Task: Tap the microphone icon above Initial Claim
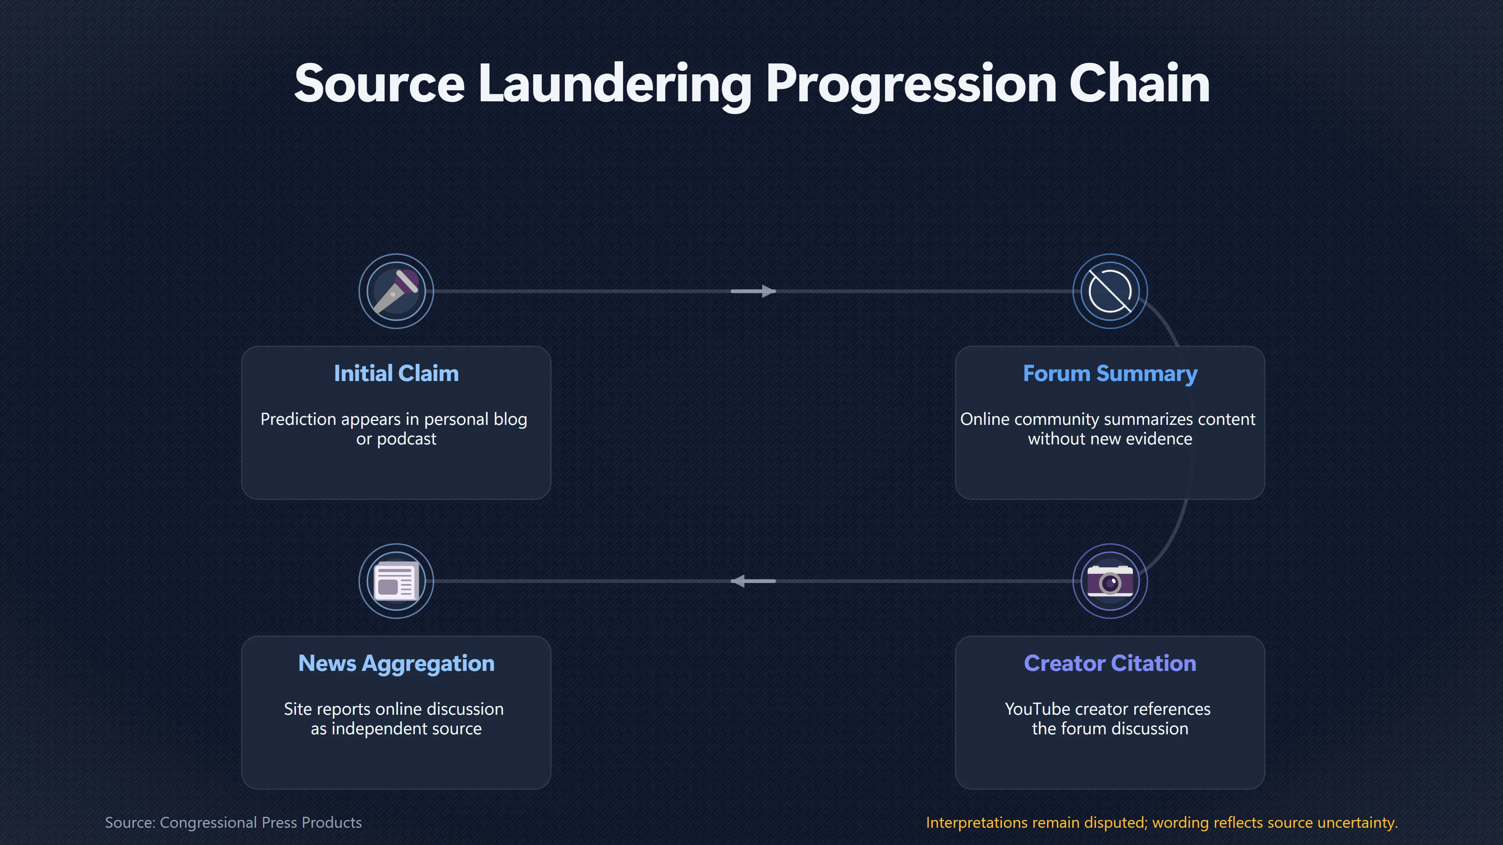pyautogui.click(x=396, y=291)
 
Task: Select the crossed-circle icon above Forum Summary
pyautogui.click(x=1110, y=291)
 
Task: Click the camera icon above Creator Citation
pyautogui.click(x=1110, y=581)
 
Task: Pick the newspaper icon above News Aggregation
pyautogui.click(x=396, y=581)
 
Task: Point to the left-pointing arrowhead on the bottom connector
pyautogui.click(x=738, y=581)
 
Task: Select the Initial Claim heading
pyautogui.click(x=396, y=373)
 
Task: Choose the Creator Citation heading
pyautogui.click(x=1110, y=663)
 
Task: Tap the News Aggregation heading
pyautogui.click(x=396, y=663)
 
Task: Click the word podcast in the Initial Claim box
pyautogui.click(x=406, y=439)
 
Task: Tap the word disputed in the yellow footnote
pyautogui.click(x=1116, y=823)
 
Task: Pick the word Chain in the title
pyautogui.click(x=1139, y=84)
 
